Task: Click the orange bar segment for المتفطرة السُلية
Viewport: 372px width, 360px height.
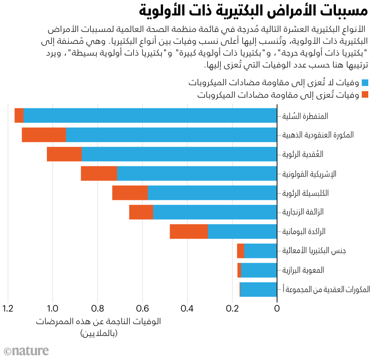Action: (19, 115)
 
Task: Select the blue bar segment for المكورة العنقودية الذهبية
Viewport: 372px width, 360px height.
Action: (171, 135)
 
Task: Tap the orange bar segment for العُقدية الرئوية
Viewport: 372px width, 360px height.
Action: (64, 154)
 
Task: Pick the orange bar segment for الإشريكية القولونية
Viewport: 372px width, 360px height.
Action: (99, 173)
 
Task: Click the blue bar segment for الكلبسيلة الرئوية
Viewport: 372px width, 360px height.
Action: (212, 192)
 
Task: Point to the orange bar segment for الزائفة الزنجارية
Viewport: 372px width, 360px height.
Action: (141, 212)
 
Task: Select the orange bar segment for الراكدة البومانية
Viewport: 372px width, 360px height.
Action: (189, 232)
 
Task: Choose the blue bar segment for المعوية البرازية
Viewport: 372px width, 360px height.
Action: (259, 270)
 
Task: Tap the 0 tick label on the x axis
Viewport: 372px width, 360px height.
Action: (277, 308)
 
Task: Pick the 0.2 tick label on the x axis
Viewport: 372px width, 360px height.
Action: (232, 308)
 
